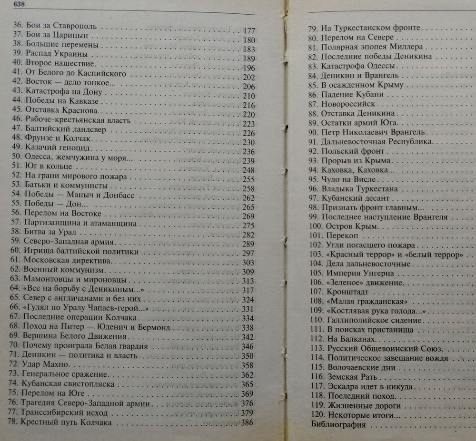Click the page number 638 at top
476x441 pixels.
[9, 5]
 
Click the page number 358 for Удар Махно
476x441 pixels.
[248, 365]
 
